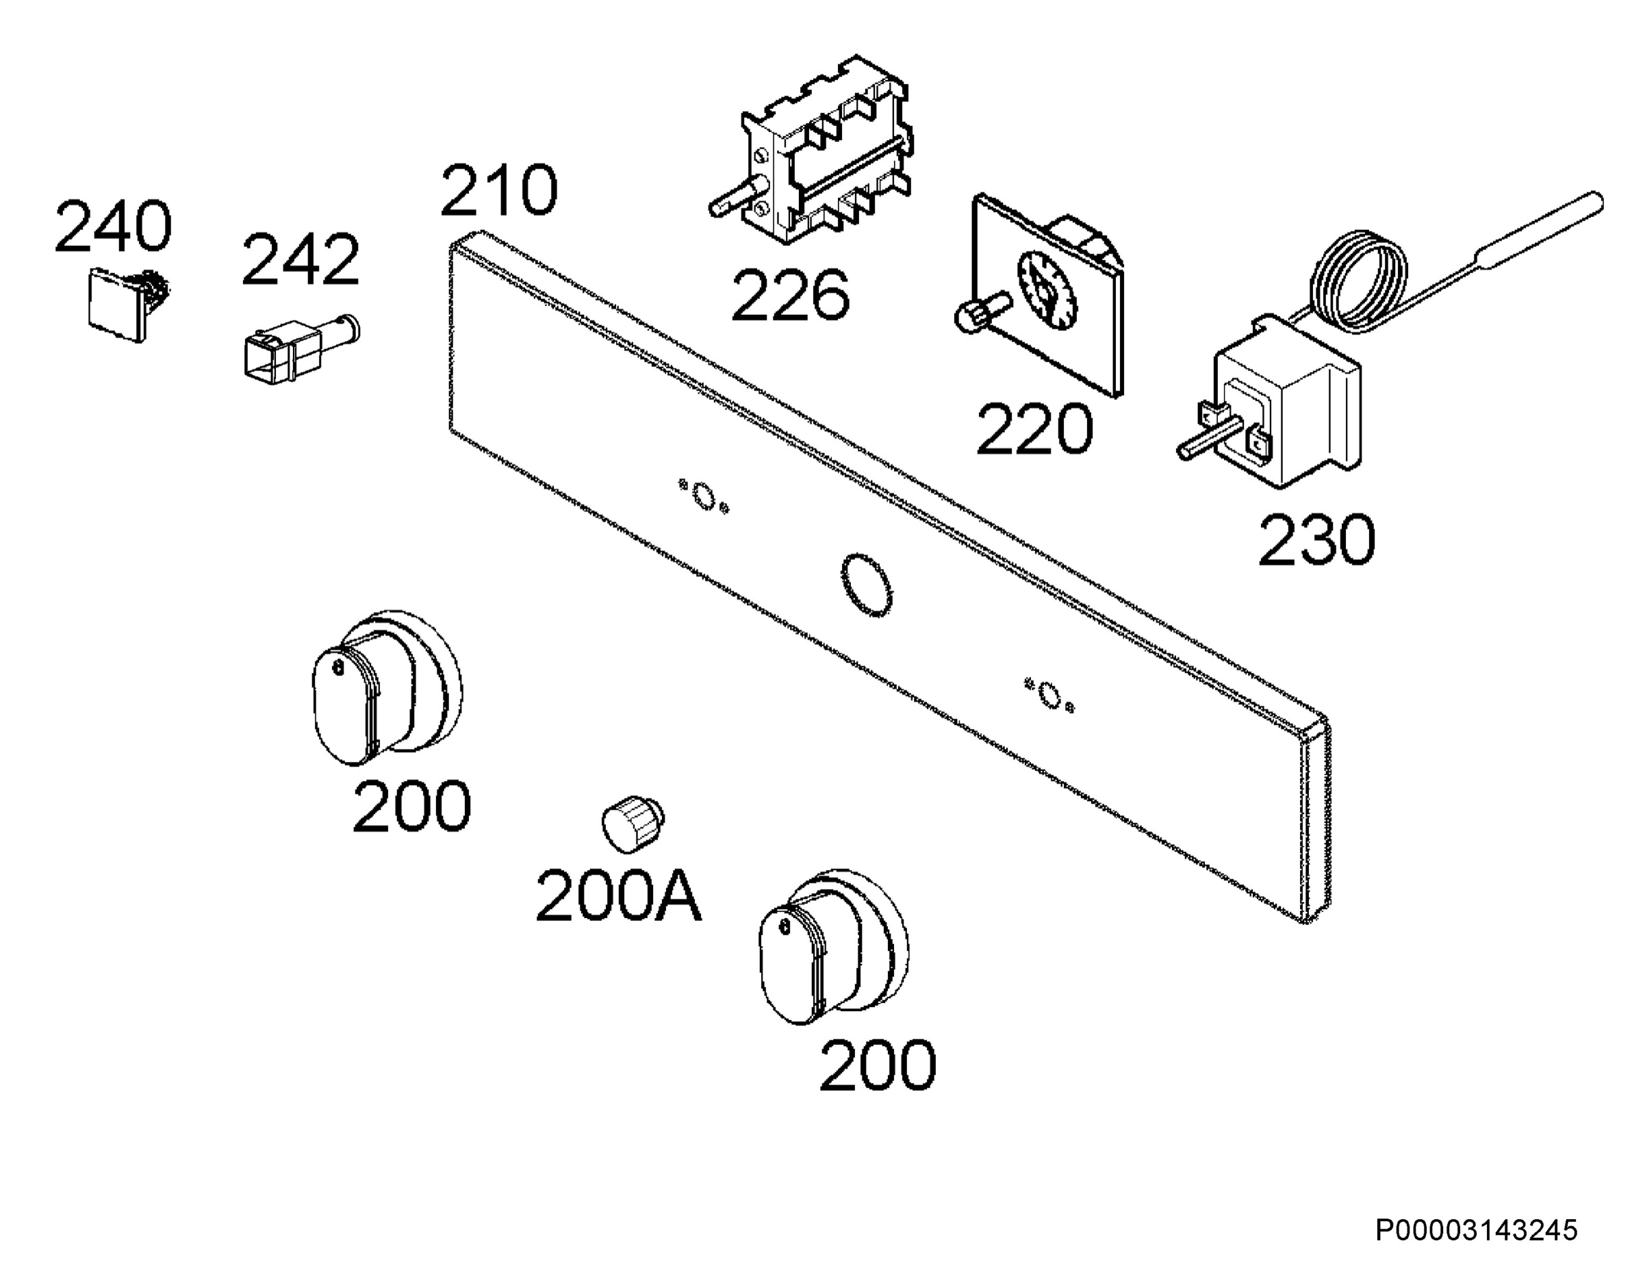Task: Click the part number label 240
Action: [113, 227]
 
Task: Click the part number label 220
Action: [1034, 429]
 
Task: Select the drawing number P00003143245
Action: [1476, 1231]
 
